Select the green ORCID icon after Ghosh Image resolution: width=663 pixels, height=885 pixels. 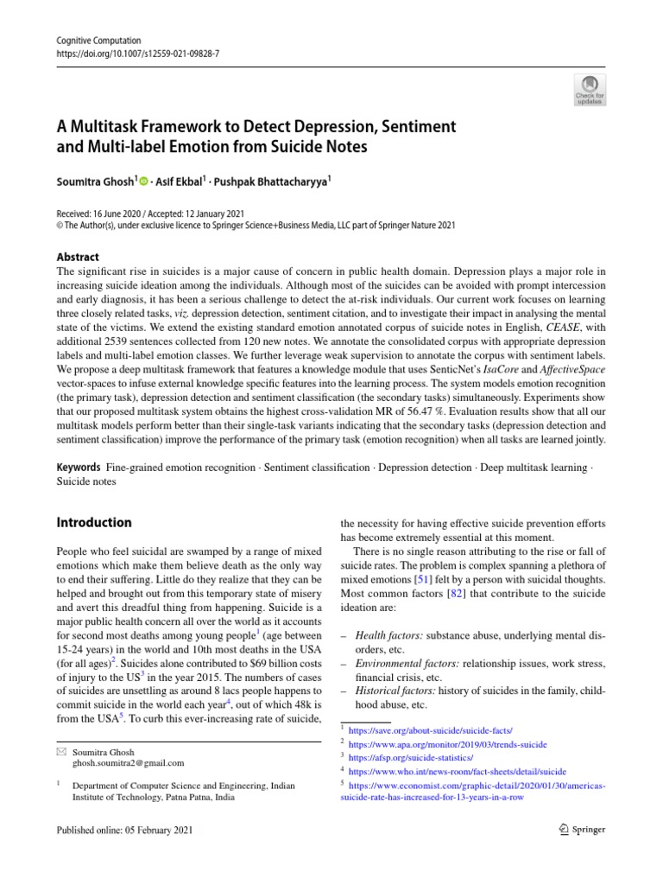pyautogui.click(x=143, y=181)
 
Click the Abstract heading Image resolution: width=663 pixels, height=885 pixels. pyautogui.click(x=77, y=257)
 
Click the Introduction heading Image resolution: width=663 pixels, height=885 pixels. pyautogui.click(x=93, y=523)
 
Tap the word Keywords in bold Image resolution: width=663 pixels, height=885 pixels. pyautogui.click(x=79, y=468)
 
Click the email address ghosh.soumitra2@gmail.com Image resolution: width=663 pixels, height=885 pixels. pyautogui.click(x=128, y=763)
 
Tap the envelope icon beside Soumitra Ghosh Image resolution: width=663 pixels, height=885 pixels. pyautogui.click(x=60, y=752)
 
